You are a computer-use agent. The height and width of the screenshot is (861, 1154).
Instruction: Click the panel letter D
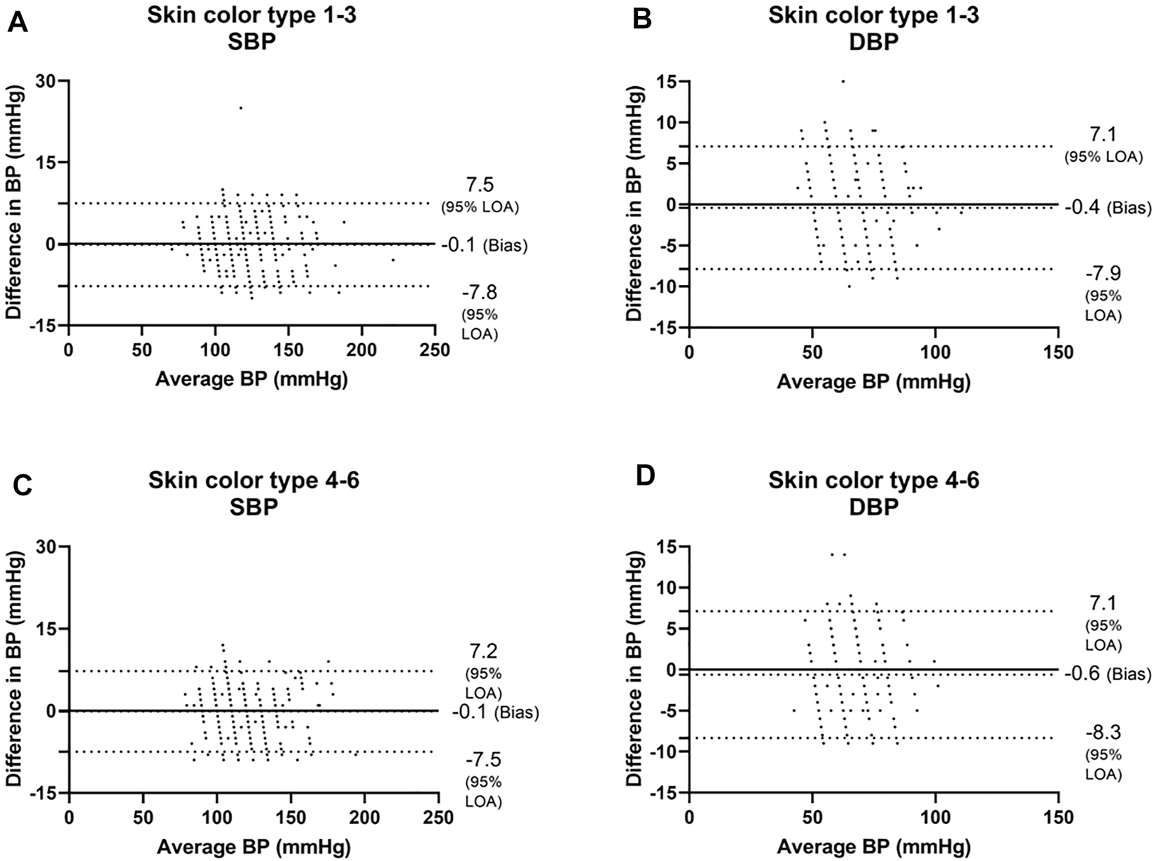click(644, 476)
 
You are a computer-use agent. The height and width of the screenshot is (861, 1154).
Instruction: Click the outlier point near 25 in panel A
click(241, 108)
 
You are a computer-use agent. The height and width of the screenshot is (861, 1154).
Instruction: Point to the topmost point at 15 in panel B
click(842, 81)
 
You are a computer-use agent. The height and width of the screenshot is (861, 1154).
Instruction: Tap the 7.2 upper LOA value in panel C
click(483, 652)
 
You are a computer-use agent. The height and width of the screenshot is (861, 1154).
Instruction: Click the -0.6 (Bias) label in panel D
click(1106, 674)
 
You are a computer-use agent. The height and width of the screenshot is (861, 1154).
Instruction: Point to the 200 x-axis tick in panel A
click(361, 350)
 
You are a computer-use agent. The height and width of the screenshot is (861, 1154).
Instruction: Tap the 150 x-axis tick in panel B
click(1058, 352)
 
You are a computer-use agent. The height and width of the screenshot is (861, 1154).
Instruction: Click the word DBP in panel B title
click(873, 41)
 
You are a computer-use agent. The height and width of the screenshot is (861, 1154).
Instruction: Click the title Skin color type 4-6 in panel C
click(253, 481)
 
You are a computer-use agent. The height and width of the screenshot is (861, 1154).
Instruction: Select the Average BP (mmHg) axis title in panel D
click(873, 847)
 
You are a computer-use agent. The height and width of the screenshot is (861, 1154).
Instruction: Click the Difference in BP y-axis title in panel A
click(13, 203)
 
